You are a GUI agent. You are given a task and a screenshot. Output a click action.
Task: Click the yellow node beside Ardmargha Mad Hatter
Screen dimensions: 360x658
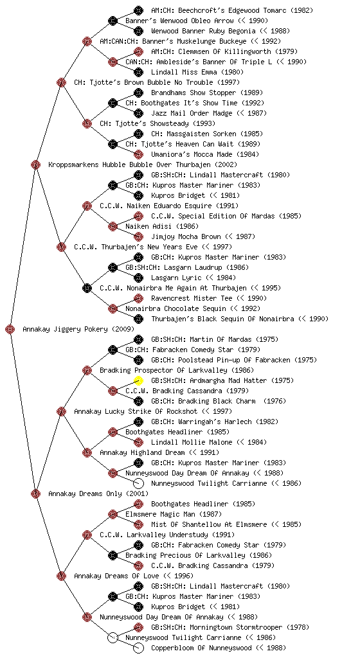(138, 380)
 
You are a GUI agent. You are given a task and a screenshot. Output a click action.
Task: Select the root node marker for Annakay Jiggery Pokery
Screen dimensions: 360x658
(10, 330)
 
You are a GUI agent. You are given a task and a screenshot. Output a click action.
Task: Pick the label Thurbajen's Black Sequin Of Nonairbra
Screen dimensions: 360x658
(240, 319)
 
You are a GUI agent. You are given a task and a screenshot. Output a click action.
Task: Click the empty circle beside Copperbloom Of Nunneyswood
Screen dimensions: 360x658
(138, 648)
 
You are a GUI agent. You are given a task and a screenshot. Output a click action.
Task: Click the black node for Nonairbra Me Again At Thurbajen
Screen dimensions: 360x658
(87, 289)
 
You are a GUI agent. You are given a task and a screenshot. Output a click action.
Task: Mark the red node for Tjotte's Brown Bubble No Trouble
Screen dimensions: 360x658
(61, 83)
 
